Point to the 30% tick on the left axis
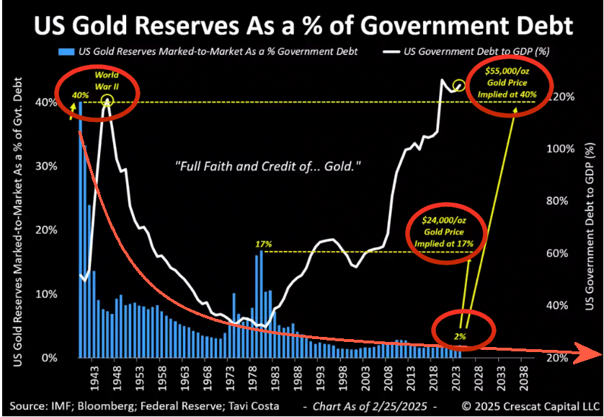pos(47,167)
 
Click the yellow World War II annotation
pos(106,79)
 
